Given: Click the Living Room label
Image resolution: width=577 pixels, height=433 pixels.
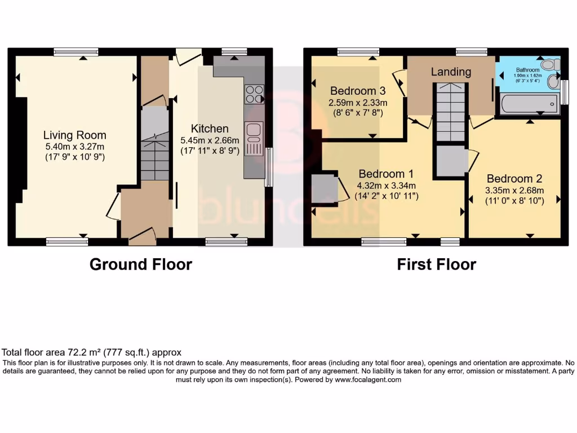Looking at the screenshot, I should [x=75, y=135].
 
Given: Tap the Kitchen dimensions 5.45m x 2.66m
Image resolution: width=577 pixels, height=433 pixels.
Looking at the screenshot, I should [x=210, y=140].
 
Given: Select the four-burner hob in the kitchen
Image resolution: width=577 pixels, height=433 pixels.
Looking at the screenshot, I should [x=254, y=94].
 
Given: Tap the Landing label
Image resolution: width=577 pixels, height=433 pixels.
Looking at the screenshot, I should [x=451, y=72].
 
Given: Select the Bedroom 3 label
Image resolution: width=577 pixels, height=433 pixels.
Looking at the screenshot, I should [x=358, y=91].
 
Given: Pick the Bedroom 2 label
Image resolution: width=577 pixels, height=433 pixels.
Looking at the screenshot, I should [x=515, y=179].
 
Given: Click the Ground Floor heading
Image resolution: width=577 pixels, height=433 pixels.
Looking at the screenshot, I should [x=141, y=264].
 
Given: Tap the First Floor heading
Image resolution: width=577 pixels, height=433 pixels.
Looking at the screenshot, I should [x=437, y=264].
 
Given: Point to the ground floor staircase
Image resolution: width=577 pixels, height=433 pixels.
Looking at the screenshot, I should [x=154, y=152].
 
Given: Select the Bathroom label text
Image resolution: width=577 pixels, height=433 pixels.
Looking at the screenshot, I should [x=527, y=70].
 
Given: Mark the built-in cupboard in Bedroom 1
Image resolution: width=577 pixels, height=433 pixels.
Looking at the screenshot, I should [x=325, y=189].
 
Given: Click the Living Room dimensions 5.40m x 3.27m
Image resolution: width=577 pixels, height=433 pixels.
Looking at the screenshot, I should [x=75, y=146].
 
